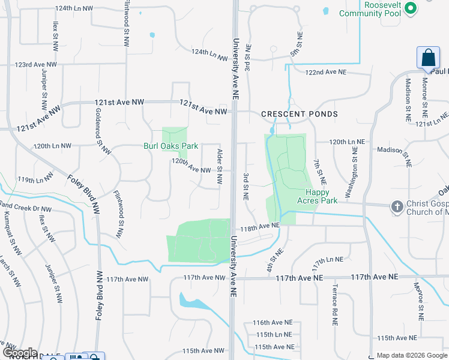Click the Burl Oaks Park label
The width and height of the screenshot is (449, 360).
[170, 146]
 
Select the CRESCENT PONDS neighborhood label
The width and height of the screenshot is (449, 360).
[300, 114]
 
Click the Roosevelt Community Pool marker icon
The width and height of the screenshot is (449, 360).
[411, 8]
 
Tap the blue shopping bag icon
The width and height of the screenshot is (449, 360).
[429, 58]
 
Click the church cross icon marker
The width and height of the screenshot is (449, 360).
[396, 206]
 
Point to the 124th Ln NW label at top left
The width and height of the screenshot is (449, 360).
[73, 9]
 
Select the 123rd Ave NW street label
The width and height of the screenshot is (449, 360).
[36, 64]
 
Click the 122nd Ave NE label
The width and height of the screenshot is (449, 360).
[326, 72]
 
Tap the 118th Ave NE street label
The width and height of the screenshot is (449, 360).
[261, 228]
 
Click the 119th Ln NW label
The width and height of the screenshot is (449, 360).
[35, 179]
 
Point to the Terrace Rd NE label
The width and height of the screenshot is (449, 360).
[334, 305]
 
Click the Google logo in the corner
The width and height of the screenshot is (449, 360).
[19, 352]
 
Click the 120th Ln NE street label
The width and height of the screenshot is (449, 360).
[347, 142]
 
